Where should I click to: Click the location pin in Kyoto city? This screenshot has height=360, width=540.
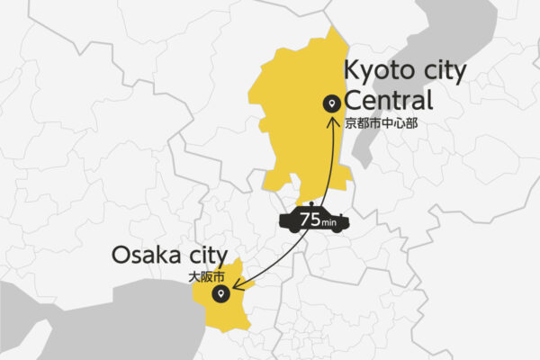point(331,104)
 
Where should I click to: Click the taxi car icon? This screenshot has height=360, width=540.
point(310,220)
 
